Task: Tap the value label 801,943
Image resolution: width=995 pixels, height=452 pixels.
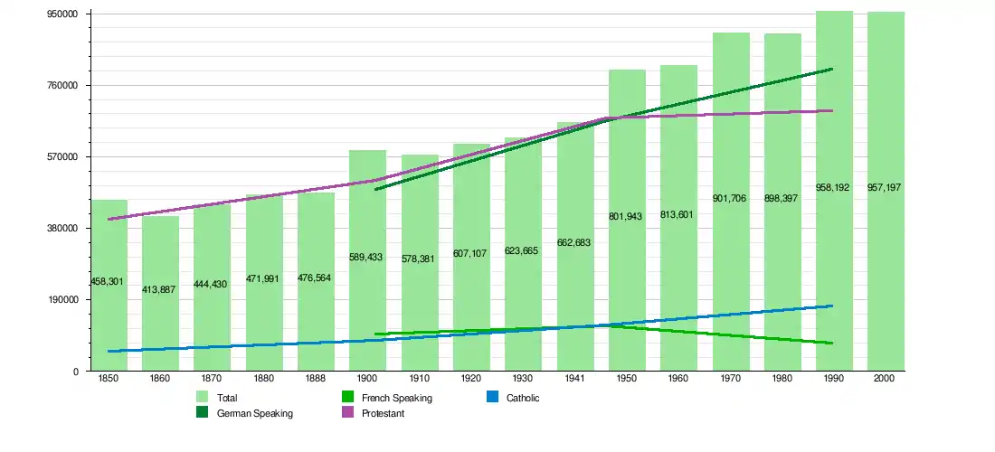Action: [627, 217]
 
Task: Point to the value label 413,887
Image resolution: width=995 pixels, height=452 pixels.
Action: [159, 289]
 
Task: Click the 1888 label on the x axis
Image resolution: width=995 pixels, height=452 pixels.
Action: [316, 379]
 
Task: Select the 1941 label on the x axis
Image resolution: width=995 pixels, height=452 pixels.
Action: [574, 379]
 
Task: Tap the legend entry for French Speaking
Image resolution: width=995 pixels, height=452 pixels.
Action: [396, 398]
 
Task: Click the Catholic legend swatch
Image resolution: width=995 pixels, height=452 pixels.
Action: [492, 398]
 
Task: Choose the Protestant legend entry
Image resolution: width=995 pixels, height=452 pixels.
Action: [383, 413]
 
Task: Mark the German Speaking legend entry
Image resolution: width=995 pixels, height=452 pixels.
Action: [254, 413]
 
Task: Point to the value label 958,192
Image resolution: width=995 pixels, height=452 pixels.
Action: [833, 187]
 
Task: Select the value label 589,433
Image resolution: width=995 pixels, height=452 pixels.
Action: [366, 258]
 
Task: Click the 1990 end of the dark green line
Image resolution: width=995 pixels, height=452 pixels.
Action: [832, 69]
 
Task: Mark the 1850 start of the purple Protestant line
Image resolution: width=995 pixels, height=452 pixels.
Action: [109, 219]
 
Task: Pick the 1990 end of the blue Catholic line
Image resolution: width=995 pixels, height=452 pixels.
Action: [832, 306]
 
